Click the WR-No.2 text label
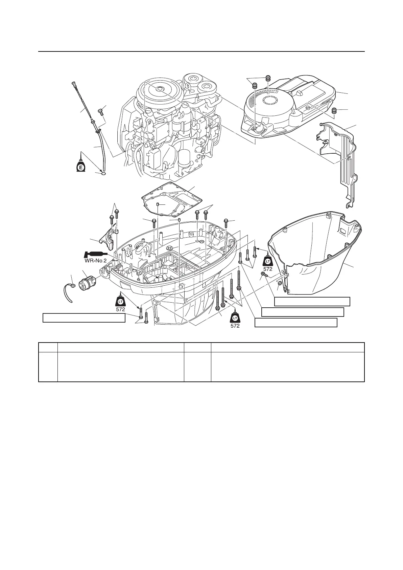point(95,261)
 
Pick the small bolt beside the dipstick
point(99,111)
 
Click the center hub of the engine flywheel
point(159,89)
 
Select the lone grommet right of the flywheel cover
point(335,111)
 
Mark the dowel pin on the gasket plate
point(158,204)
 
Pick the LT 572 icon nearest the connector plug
point(121,301)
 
